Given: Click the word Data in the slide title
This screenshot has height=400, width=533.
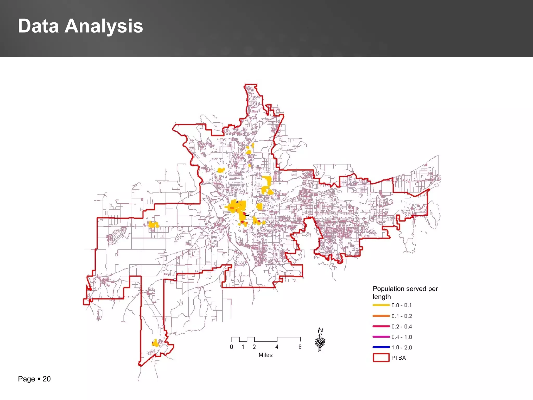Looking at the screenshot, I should (x=38, y=26).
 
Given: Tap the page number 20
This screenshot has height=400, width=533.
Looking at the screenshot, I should (x=47, y=379).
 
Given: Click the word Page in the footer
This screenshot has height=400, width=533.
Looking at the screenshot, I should (x=26, y=379).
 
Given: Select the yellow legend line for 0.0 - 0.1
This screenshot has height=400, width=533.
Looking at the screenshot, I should (x=381, y=305).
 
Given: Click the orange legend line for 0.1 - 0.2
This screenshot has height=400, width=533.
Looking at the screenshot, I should (x=381, y=316).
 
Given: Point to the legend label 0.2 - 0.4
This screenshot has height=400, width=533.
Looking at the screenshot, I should (x=402, y=327).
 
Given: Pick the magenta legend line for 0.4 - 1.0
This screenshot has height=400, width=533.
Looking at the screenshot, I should (x=381, y=337).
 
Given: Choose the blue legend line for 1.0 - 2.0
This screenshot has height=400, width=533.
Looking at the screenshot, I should (x=381, y=347).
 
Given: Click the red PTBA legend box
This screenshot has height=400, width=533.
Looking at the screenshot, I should (x=381, y=358).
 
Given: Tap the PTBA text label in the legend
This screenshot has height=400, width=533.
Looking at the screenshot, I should (x=398, y=358).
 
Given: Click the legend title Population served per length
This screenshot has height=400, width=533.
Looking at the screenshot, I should (x=405, y=292).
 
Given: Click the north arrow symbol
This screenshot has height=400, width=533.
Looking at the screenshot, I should (x=320, y=340).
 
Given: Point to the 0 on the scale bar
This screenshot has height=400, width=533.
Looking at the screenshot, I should (x=232, y=347).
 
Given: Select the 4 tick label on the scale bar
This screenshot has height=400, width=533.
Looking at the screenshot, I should (x=277, y=347).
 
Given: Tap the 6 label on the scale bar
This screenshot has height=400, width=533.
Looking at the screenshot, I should (x=300, y=347).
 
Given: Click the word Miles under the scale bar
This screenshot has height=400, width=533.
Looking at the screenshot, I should (x=265, y=355).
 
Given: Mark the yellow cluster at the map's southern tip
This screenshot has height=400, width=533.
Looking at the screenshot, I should (x=155, y=343).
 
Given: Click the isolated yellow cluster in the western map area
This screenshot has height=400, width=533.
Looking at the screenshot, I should (x=154, y=224).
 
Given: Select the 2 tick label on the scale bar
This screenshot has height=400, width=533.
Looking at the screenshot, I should (x=254, y=347).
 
